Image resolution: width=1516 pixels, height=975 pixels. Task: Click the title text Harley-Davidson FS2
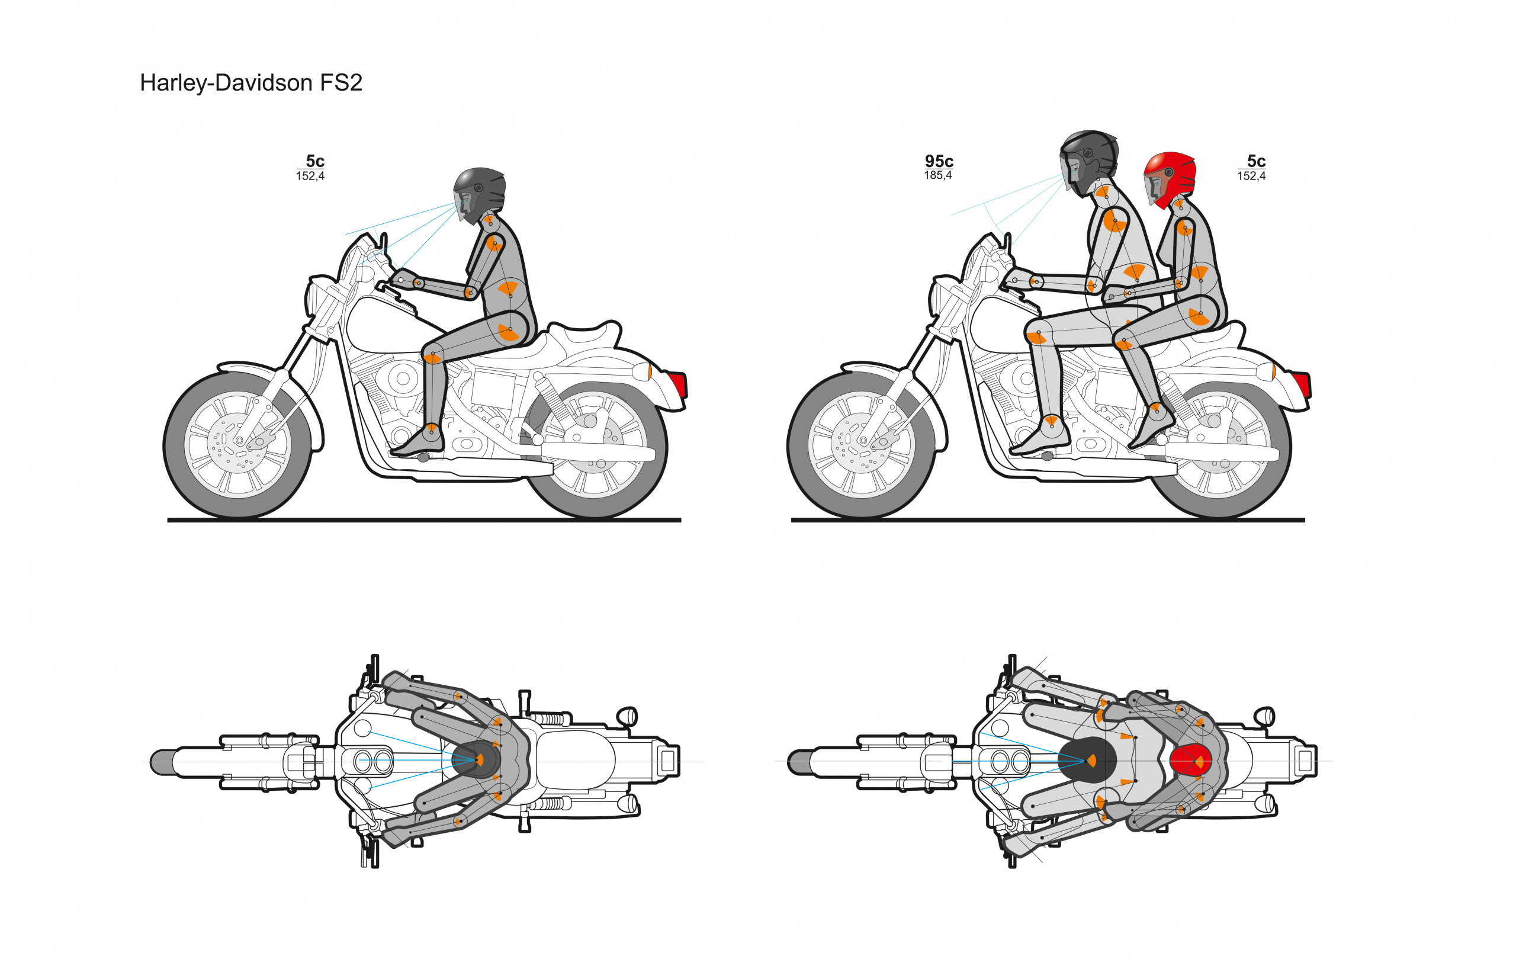pos(250,83)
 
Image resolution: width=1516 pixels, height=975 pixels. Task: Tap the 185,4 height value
pos(937,175)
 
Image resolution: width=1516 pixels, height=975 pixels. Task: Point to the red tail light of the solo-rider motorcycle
pos(679,384)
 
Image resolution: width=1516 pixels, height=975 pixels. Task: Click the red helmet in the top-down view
pos(1190,761)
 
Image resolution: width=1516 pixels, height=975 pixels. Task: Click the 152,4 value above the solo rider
pos(310,176)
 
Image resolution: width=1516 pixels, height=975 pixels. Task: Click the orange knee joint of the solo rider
pos(432,357)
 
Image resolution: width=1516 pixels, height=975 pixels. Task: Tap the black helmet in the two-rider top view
pos(1086,760)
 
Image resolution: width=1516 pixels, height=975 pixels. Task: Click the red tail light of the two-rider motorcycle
pos(1302,384)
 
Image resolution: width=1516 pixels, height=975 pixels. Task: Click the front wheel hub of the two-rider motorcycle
pos(862,440)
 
